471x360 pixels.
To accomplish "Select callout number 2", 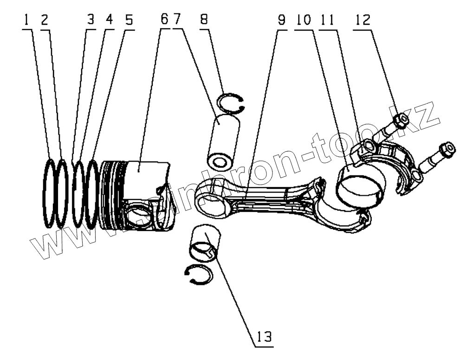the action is coord(44,19).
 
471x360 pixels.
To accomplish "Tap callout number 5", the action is coord(128,19).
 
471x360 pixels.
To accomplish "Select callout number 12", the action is coord(363,19).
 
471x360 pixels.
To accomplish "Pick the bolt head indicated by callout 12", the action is coord(401,120).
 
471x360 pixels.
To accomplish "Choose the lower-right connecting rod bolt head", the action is coord(448,149).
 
